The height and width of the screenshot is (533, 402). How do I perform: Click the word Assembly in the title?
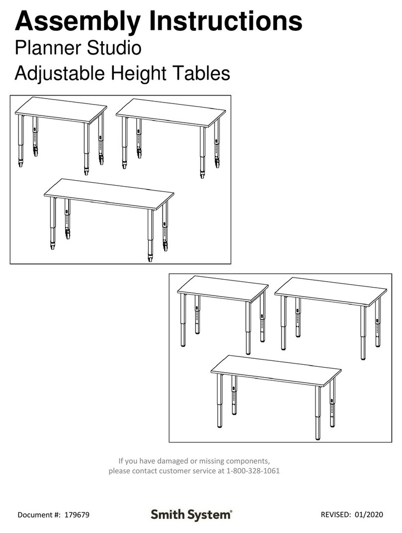tap(77, 22)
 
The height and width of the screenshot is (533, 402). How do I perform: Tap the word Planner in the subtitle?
tap(48, 48)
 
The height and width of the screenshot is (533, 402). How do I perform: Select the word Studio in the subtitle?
tap(114, 48)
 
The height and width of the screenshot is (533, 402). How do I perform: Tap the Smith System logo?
tap(192, 515)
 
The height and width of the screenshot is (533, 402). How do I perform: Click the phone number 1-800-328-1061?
tap(253, 471)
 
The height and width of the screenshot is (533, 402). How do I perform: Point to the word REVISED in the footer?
tap(335, 514)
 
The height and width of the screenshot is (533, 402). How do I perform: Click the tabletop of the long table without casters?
tap(276, 371)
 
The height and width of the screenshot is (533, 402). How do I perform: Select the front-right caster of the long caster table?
tap(150, 257)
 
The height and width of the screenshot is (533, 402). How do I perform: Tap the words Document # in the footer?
tap(38, 515)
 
